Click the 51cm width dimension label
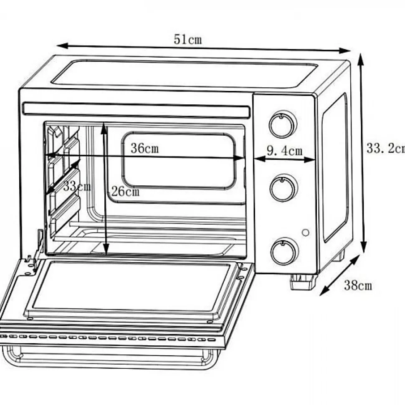pyautogui.click(x=187, y=40)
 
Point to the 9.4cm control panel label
pyautogui.click(x=284, y=150)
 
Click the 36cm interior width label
pyautogui.click(x=144, y=148)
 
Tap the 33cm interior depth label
pyautogui.click(x=77, y=186)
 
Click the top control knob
pyautogui.click(x=283, y=124)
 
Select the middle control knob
pyautogui.click(x=283, y=187)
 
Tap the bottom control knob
pyautogui.click(x=284, y=252)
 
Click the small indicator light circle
pyautogui.click(x=306, y=233)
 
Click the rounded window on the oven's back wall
pyautogui.click(x=178, y=161)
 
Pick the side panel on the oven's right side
pyautogui.click(x=334, y=167)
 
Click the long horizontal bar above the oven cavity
pyautogui.click(x=136, y=110)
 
